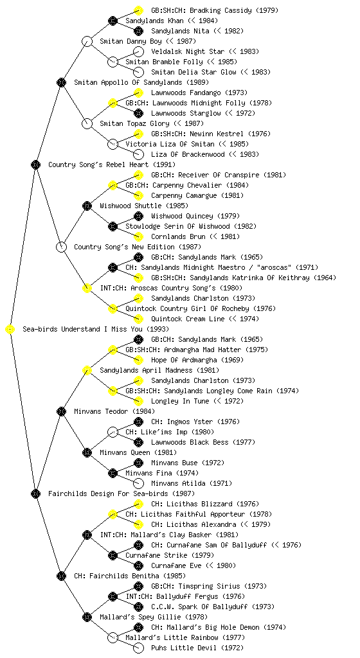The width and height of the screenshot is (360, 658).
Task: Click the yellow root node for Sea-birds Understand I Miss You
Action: pos(10,330)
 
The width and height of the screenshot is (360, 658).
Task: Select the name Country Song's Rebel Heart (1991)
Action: pos(112,164)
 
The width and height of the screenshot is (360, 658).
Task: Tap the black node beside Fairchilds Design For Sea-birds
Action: pos(35,494)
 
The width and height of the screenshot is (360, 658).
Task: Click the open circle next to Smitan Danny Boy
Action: pos(87,42)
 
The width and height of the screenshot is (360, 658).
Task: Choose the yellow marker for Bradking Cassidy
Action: pos(138,10)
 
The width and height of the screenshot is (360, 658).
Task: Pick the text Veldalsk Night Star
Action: pos(188,51)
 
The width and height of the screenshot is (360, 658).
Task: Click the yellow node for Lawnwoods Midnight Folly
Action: pos(113,103)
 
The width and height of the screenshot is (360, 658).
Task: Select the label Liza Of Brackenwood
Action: pos(188,154)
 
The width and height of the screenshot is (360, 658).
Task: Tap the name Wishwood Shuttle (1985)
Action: pos(144,206)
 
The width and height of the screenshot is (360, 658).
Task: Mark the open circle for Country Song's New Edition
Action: pos(61,247)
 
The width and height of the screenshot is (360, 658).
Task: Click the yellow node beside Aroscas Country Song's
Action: pos(87,289)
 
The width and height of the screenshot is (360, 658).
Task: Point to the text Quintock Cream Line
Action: pos(188,319)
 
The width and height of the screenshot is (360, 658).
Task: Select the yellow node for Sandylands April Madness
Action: pos(87,371)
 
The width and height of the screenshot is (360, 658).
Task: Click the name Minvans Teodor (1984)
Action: pos(114,411)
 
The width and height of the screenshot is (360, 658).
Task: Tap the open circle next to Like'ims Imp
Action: pos(113,432)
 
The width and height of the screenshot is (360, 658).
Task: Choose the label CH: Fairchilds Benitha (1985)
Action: pos(130,576)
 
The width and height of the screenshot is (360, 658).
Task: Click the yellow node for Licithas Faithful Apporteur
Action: pos(113,515)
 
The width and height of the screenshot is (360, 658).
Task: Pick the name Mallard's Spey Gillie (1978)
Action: pos(154,617)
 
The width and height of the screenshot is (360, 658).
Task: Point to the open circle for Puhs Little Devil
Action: pos(138,648)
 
